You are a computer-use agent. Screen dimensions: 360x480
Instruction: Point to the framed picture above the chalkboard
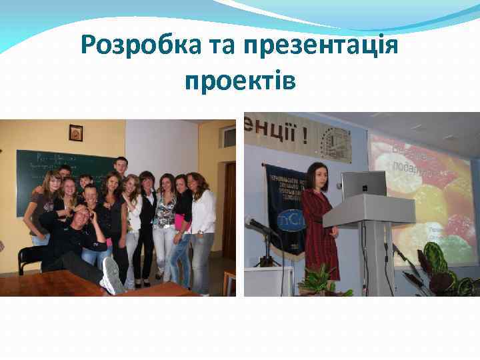(x=75, y=133)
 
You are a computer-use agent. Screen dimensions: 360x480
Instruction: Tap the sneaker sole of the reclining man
(x=111, y=275)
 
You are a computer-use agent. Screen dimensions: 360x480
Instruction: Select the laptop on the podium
(x=363, y=185)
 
